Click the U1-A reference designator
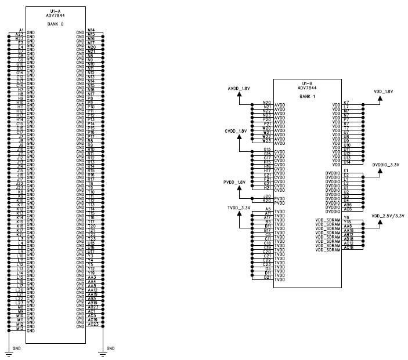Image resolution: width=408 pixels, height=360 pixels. pos(56,11)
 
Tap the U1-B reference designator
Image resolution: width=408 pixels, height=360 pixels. pos(308,83)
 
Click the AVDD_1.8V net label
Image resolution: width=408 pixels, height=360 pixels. pos(239,88)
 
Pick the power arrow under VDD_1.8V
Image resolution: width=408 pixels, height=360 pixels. pos(380,99)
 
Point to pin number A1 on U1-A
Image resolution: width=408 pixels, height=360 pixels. pos(21,30)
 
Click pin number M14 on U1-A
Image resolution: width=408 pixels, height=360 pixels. pos(91,30)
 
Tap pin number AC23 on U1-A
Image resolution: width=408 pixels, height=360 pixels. pos(92,324)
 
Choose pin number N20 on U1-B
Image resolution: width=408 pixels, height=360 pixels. pos(267,101)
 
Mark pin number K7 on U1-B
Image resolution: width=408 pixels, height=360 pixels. pos(346,101)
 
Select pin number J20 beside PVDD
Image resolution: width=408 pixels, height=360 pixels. pos(267,197)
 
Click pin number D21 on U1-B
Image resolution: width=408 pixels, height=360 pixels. pos(267,277)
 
